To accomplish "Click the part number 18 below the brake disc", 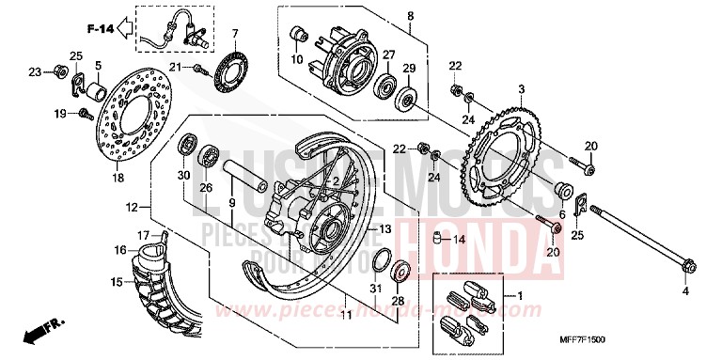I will tap(118, 178).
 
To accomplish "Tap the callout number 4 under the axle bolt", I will tap(684, 291).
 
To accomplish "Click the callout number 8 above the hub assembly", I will tap(410, 16).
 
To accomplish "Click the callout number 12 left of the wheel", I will tap(132, 206).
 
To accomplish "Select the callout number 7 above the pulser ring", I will tap(235, 34).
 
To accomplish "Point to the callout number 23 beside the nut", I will tap(34, 71).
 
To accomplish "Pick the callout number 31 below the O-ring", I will tap(373, 287).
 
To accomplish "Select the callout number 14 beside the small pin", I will tap(459, 240).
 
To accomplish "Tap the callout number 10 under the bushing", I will tap(297, 60).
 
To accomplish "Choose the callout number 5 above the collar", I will tap(98, 65).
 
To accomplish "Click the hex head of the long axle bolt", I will tap(686, 268).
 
